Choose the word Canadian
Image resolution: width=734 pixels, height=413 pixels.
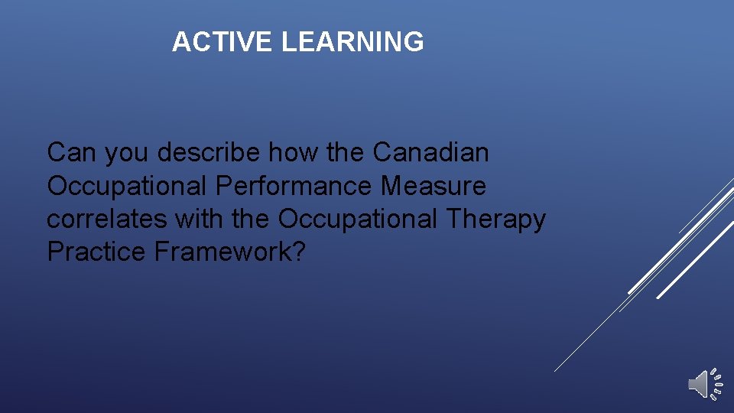pyautogui.click(x=430, y=153)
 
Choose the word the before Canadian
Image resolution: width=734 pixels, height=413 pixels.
pyautogui.click(x=346, y=153)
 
